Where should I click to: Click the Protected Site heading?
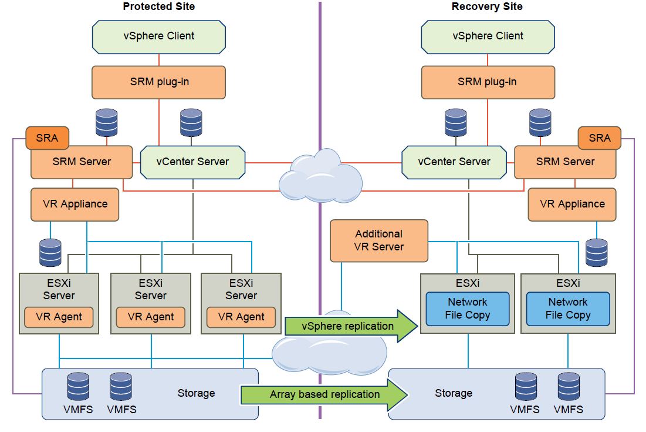point(158,6)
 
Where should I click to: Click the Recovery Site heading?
point(487,6)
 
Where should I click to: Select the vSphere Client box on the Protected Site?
point(158,37)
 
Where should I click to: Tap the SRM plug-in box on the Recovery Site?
point(488,82)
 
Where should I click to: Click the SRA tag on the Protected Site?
point(47,138)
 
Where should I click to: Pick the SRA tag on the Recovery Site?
point(600,138)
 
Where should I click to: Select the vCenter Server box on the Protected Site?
point(192,162)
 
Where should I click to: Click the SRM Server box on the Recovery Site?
point(565,162)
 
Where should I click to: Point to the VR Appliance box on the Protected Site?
point(75,205)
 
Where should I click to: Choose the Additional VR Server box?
point(379,240)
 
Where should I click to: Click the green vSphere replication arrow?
point(351,326)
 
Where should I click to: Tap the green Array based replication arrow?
point(324,394)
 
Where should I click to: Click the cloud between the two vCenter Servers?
point(320,176)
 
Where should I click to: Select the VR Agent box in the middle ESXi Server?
point(150,317)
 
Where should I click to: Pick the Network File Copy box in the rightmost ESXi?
point(568,309)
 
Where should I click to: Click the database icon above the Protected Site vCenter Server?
point(191,122)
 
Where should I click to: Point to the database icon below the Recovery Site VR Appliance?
point(597,253)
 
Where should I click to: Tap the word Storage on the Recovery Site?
point(454,393)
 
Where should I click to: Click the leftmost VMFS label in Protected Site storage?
point(78,409)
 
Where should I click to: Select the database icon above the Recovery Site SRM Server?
point(540,122)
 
